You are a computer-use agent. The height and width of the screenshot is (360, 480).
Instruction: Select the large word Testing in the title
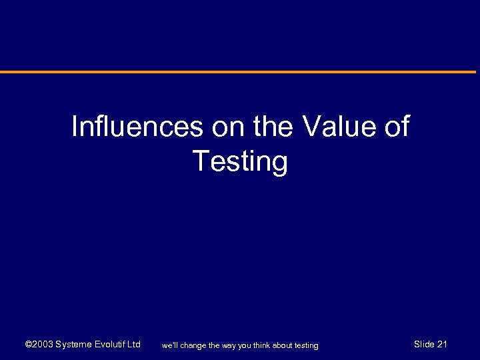tap(240, 161)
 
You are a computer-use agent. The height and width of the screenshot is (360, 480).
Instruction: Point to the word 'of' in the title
tap(397, 127)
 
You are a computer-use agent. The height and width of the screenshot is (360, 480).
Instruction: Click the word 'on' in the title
tap(229, 127)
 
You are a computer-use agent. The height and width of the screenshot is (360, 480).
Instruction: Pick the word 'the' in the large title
tap(274, 127)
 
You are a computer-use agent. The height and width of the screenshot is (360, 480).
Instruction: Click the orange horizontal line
tap(240, 72)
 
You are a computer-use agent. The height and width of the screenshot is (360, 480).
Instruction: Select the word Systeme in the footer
tap(75, 345)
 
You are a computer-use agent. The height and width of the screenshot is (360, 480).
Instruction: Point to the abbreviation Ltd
tap(134, 345)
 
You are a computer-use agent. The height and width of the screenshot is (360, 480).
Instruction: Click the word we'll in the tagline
tap(170, 345)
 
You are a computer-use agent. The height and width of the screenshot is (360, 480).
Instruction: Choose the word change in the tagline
tap(194, 345)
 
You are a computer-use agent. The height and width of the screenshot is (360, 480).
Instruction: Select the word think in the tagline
tap(262, 345)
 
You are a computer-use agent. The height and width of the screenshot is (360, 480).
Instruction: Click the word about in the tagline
tap(284, 345)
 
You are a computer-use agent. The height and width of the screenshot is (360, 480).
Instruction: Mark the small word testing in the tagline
tap(307, 345)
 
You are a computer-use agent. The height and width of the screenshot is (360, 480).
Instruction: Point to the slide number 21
tap(442, 345)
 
